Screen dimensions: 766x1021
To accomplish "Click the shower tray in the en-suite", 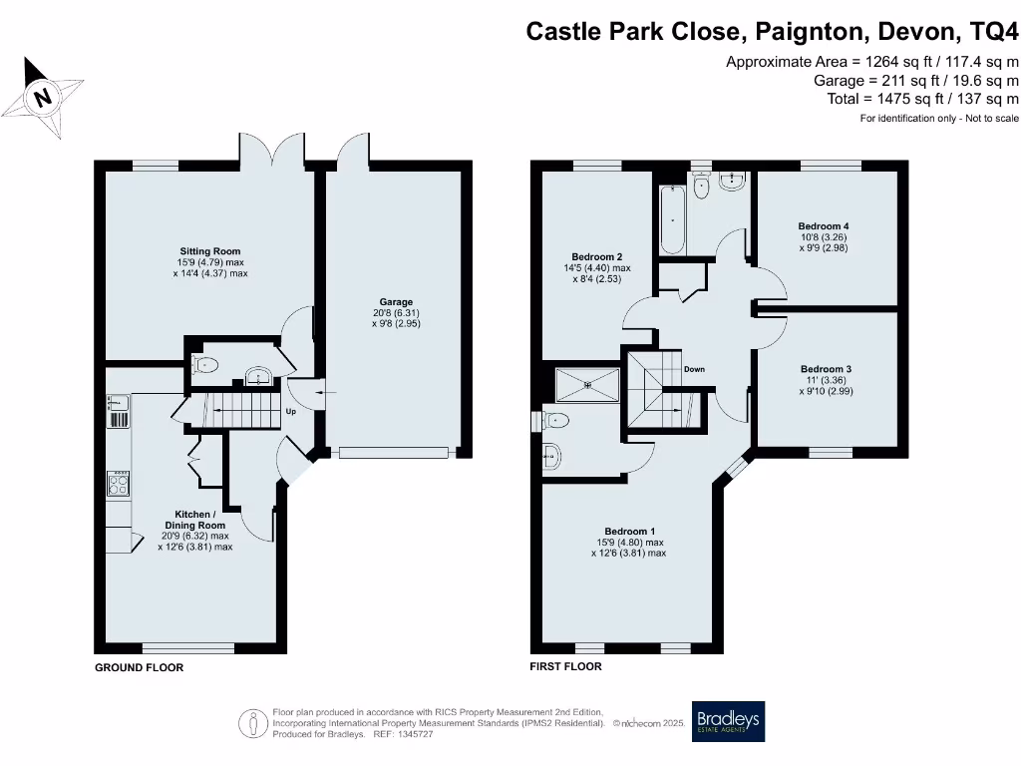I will pyautogui.click(x=587, y=383).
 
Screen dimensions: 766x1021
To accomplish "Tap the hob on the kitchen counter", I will pyautogui.click(x=119, y=485).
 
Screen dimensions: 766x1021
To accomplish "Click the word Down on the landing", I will pyautogui.click(x=694, y=370).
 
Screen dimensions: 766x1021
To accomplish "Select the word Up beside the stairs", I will pyautogui.click(x=291, y=411).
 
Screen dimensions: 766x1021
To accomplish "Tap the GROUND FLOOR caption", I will pyautogui.click(x=139, y=667).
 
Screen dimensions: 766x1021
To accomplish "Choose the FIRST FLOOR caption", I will pyautogui.click(x=566, y=666).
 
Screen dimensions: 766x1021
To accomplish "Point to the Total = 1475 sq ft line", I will pyautogui.click(x=922, y=99).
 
